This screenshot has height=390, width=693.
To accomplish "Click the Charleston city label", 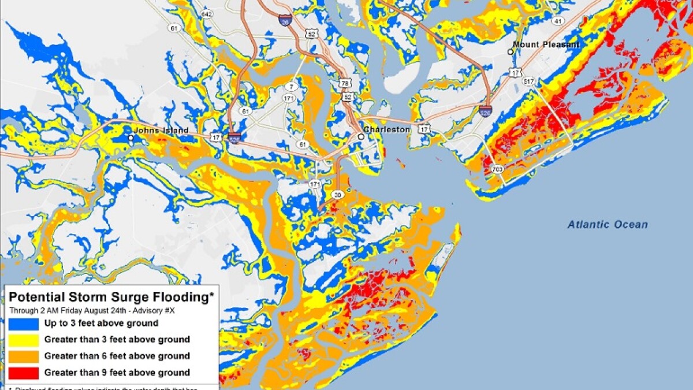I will (x=387, y=130).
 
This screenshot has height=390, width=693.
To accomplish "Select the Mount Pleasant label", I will (x=546, y=44).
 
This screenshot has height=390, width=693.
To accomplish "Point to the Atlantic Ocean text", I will (x=608, y=225).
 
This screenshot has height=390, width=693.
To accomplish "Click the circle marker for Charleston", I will (x=360, y=137).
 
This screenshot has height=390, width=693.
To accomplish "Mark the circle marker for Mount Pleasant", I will (x=511, y=51).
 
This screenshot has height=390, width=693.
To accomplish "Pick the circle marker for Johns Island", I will (x=131, y=138).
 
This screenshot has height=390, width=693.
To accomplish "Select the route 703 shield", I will (x=497, y=169).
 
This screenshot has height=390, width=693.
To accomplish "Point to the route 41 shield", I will (x=557, y=21).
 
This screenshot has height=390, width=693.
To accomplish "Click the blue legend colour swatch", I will (x=24, y=324).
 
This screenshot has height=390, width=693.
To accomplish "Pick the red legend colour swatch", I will (x=24, y=373).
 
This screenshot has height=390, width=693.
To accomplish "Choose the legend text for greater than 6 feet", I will (x=117, y=356).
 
